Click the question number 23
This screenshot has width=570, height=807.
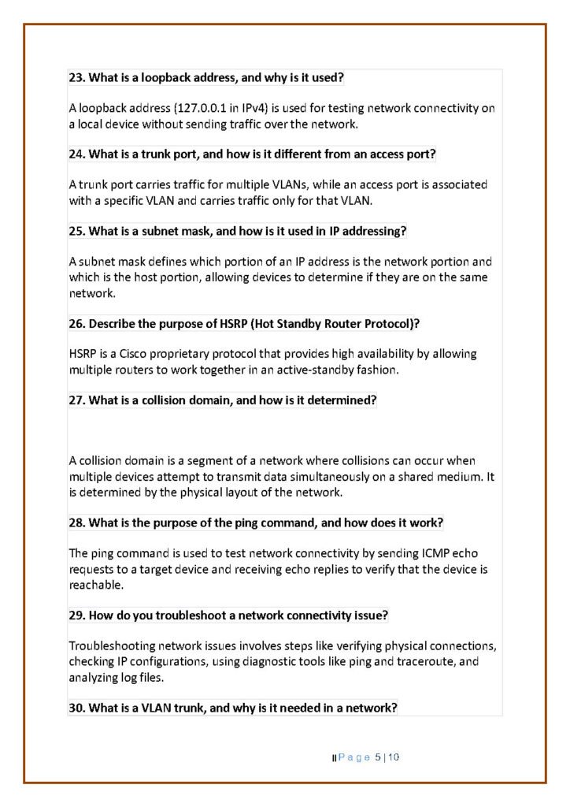76,78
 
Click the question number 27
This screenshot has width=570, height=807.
76,400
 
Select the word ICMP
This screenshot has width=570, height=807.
416,553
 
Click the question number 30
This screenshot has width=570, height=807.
76,708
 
